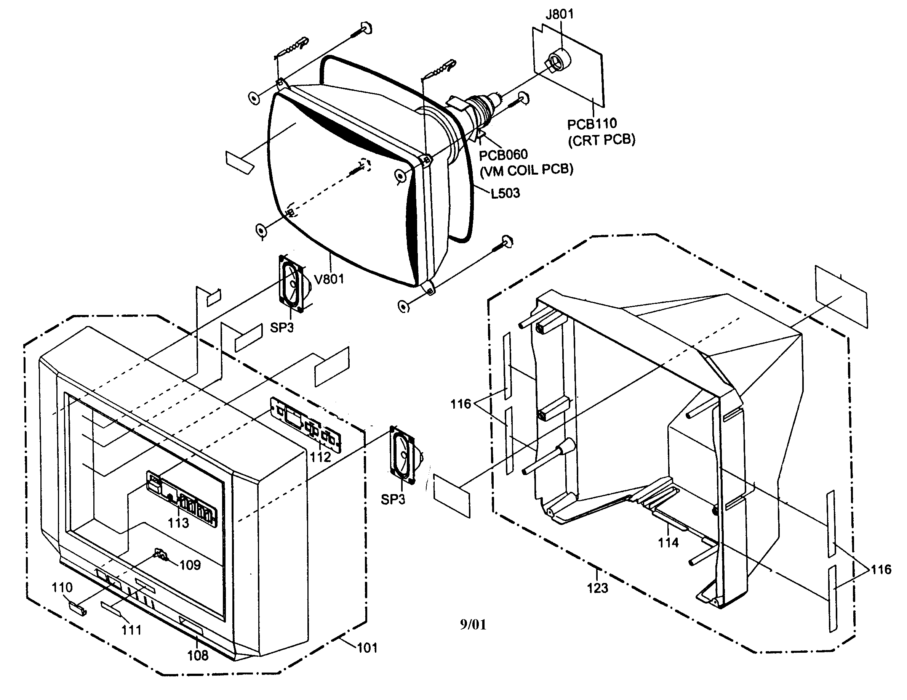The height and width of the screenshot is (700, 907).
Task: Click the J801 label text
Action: point(560,14)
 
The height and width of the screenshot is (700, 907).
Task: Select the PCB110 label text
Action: point(592,124)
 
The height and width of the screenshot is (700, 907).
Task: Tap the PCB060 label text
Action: point(503,155)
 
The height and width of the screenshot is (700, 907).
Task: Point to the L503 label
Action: point(505,193)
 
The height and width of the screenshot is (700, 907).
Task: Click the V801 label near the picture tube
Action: point(330,279)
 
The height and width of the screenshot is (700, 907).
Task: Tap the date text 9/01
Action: point(473,624)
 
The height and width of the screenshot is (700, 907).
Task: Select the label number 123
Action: point(597,588)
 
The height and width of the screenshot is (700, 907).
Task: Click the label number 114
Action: point(668,543)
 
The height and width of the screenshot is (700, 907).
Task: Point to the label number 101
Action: point(367,648)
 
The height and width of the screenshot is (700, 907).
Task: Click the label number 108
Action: point(198,655)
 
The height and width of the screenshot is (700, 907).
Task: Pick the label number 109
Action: point(190,565)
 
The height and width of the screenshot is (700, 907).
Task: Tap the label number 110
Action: point(62,588)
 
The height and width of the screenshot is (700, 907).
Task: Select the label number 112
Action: point(320,457)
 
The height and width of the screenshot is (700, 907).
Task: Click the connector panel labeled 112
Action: point(305,424)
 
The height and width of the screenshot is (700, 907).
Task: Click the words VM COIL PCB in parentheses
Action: point(526,170)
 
